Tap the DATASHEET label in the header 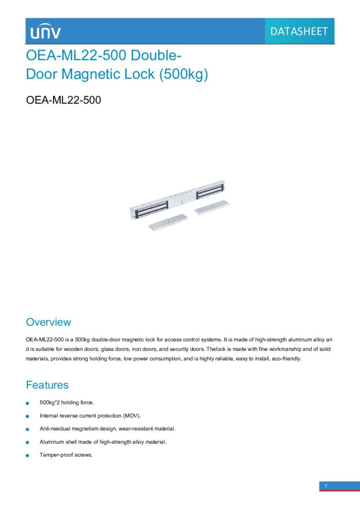pyautogui.click(x=299, y=31)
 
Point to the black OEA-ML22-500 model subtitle pyautogui.click(x=63, y=100)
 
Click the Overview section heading pyautogui.click(x=48, y=322)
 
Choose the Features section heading pyautogui.click(x=47, y=385)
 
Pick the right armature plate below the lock pyautogui.click(x=213, y=207)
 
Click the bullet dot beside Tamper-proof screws pyautogui.click(x=28, y=456)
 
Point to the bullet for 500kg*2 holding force pyautogui.click(x=28, y=403)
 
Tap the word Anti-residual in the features pyautogui.click(x=53, y=428)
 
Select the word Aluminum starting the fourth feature pyautogui.click(x=51, y=441)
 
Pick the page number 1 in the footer pyautogui.click(x=326, y=486)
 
